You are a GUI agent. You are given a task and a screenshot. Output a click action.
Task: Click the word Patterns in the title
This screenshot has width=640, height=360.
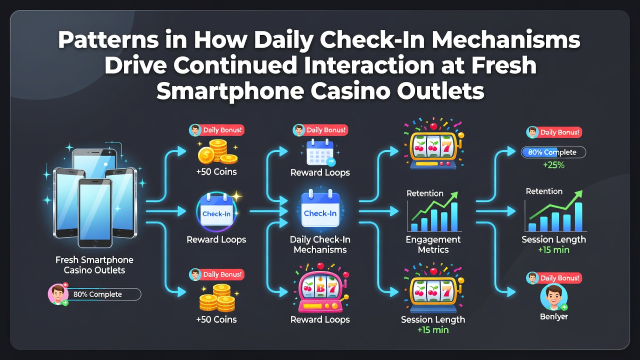tap(108, 39)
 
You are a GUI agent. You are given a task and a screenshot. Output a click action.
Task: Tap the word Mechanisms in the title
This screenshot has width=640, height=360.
tap(505, 39)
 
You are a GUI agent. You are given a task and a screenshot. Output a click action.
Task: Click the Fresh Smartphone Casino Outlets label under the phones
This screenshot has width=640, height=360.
tap(94, 265)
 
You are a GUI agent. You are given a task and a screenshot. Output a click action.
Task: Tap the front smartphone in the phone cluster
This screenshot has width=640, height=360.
tap(95, 213)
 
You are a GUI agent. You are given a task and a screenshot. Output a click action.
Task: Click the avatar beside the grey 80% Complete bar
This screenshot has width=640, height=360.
tap(58, 294)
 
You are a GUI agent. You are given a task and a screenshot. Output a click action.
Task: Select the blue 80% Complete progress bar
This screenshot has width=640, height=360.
tap(553, 152)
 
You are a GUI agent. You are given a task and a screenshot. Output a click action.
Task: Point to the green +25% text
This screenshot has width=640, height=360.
tap(553, 165)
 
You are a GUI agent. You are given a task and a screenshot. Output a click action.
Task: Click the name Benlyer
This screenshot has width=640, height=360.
tap(553, 316)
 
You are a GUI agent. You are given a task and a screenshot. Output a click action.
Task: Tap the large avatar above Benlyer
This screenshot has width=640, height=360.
tap(553, 297)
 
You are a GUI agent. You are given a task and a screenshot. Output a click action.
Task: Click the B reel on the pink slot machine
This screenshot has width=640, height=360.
tap(320, 287)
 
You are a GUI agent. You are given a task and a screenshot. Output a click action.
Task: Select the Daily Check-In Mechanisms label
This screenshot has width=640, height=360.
tap(320, 244)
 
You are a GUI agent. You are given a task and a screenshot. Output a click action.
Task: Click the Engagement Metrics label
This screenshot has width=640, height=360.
tap(433, 244)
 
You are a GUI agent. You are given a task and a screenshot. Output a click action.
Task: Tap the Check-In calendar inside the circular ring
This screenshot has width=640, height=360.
tap(216, 211)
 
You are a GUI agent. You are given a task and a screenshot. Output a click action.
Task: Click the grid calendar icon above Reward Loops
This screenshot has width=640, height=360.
tap(320, 152)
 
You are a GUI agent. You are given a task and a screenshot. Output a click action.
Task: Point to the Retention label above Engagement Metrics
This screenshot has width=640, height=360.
tap(425, 193)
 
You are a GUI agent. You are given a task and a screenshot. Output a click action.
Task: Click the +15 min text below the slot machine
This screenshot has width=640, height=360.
tap(433, 330)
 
